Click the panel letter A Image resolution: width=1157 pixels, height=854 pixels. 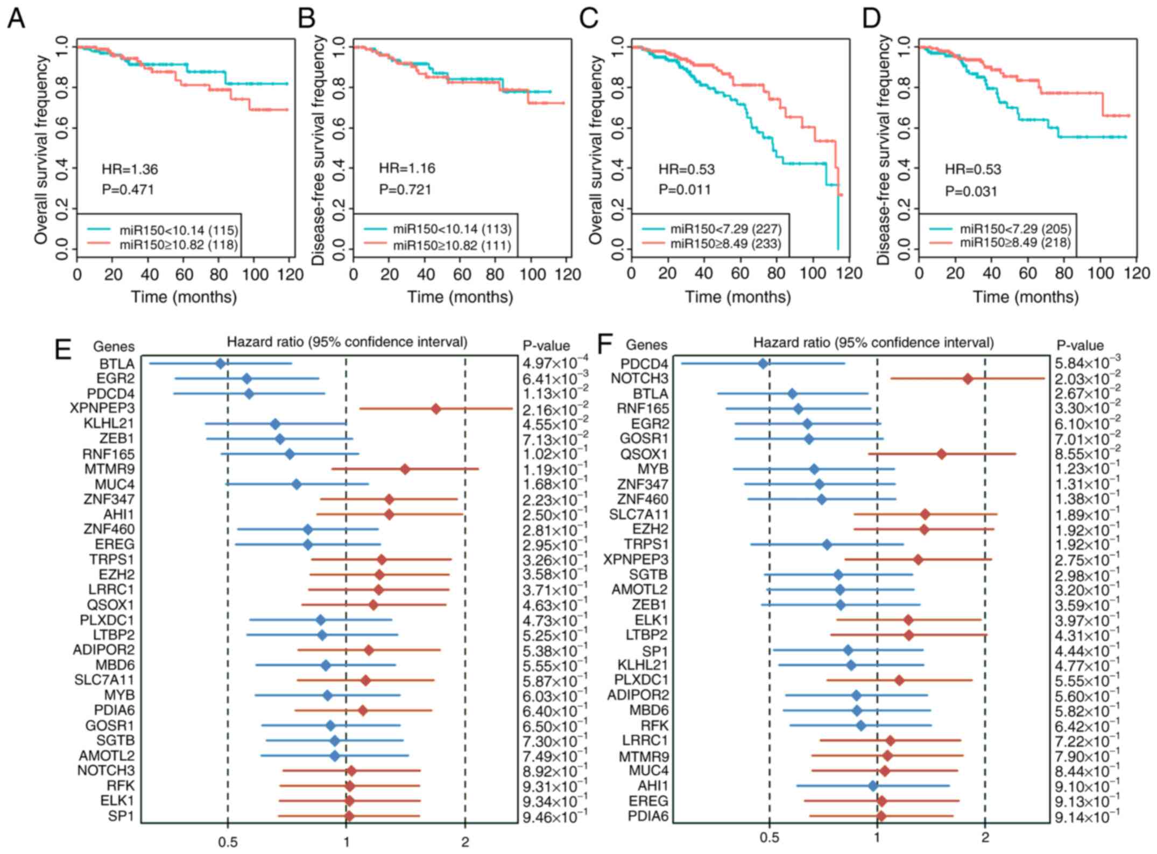pyautogui.click(x=16, y=19)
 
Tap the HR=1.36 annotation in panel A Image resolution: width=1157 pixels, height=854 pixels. pyautogui.click(x=130, y=170)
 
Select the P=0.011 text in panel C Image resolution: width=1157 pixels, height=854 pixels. pyautogui.click(x=685, y=190)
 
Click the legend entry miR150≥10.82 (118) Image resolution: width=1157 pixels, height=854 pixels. pyautogui.click(x=178, y=246)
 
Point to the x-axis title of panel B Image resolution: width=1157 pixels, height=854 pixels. pyautogui.click(x=460, y=297)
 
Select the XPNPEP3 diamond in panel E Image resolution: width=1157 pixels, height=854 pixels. pyautogui.click(x=436, y=409)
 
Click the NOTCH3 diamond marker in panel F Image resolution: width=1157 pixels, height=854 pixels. pyautogui.click(x=968, y=379)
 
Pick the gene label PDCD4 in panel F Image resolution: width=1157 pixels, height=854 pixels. pyautogui.click(x=644, y=364)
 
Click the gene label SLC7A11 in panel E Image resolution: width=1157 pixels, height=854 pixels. pyautogui.click(x=104, y=680)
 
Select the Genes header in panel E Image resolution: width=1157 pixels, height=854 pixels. pyautogui.click(x=114, y=346)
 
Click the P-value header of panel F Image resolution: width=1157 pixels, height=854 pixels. pyautogui.click(x=1080, y=346)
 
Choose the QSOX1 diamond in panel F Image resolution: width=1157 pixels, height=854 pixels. pyautogui.click(x=941, y=454)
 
